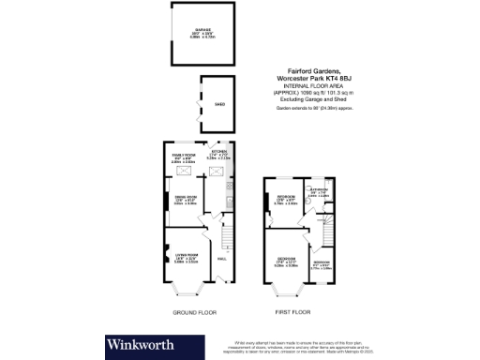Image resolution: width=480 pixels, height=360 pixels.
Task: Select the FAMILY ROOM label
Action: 183,153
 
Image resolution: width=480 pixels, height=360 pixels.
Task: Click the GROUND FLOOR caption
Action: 195,310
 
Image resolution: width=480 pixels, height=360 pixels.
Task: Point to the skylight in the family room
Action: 183,173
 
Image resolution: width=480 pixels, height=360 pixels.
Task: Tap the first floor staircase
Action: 323,225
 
